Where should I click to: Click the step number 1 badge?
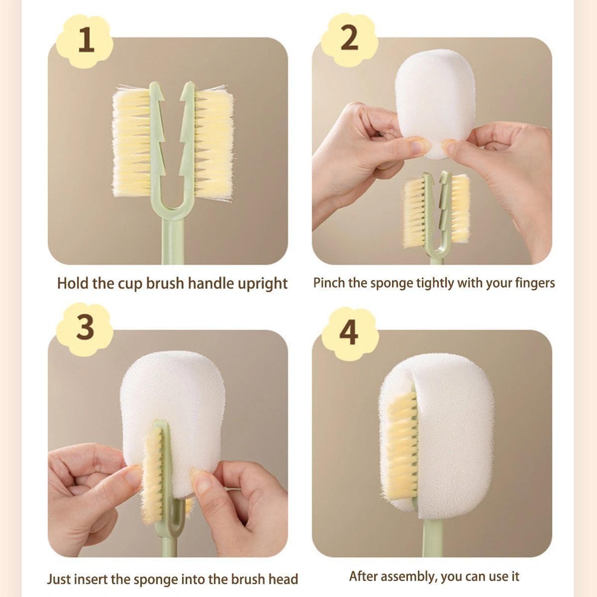click(x=85, y=41)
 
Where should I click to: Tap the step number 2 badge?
click(x=349, y=40)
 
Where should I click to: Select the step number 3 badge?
click(x=85, y=329)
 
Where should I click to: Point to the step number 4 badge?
click(x=349, y=333)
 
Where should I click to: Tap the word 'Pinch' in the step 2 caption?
click(x=329, y=283)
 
